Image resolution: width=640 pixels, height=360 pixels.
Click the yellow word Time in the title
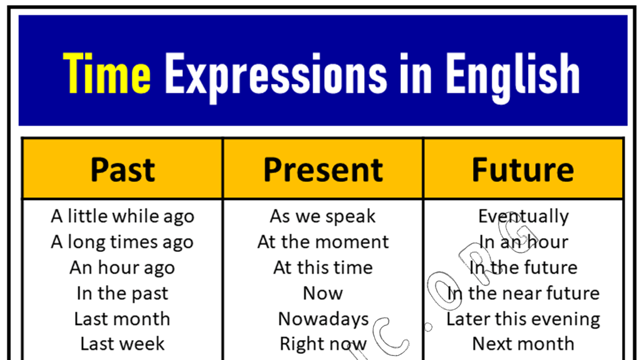106,73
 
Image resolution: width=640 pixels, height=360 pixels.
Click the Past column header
122,169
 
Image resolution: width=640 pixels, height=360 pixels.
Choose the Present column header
323,169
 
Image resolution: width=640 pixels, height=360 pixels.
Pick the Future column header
523,169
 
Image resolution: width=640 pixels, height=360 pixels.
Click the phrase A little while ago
122,216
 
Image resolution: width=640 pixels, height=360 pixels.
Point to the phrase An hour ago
122,267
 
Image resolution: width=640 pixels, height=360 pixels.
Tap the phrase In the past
122,293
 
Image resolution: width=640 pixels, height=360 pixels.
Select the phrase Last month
122,318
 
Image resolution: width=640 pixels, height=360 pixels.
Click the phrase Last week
122,343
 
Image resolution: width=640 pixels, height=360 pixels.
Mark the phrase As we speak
323,216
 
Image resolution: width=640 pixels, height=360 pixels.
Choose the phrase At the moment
323,242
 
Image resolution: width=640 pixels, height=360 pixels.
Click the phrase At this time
323,267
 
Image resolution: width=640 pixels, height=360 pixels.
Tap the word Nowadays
323,318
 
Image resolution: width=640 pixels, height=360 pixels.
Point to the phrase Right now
323,343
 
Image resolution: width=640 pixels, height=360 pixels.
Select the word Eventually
523,216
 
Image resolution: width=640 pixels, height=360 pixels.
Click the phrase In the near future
523,293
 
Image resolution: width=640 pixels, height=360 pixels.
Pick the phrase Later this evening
523,318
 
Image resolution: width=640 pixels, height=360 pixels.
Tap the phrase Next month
523,343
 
